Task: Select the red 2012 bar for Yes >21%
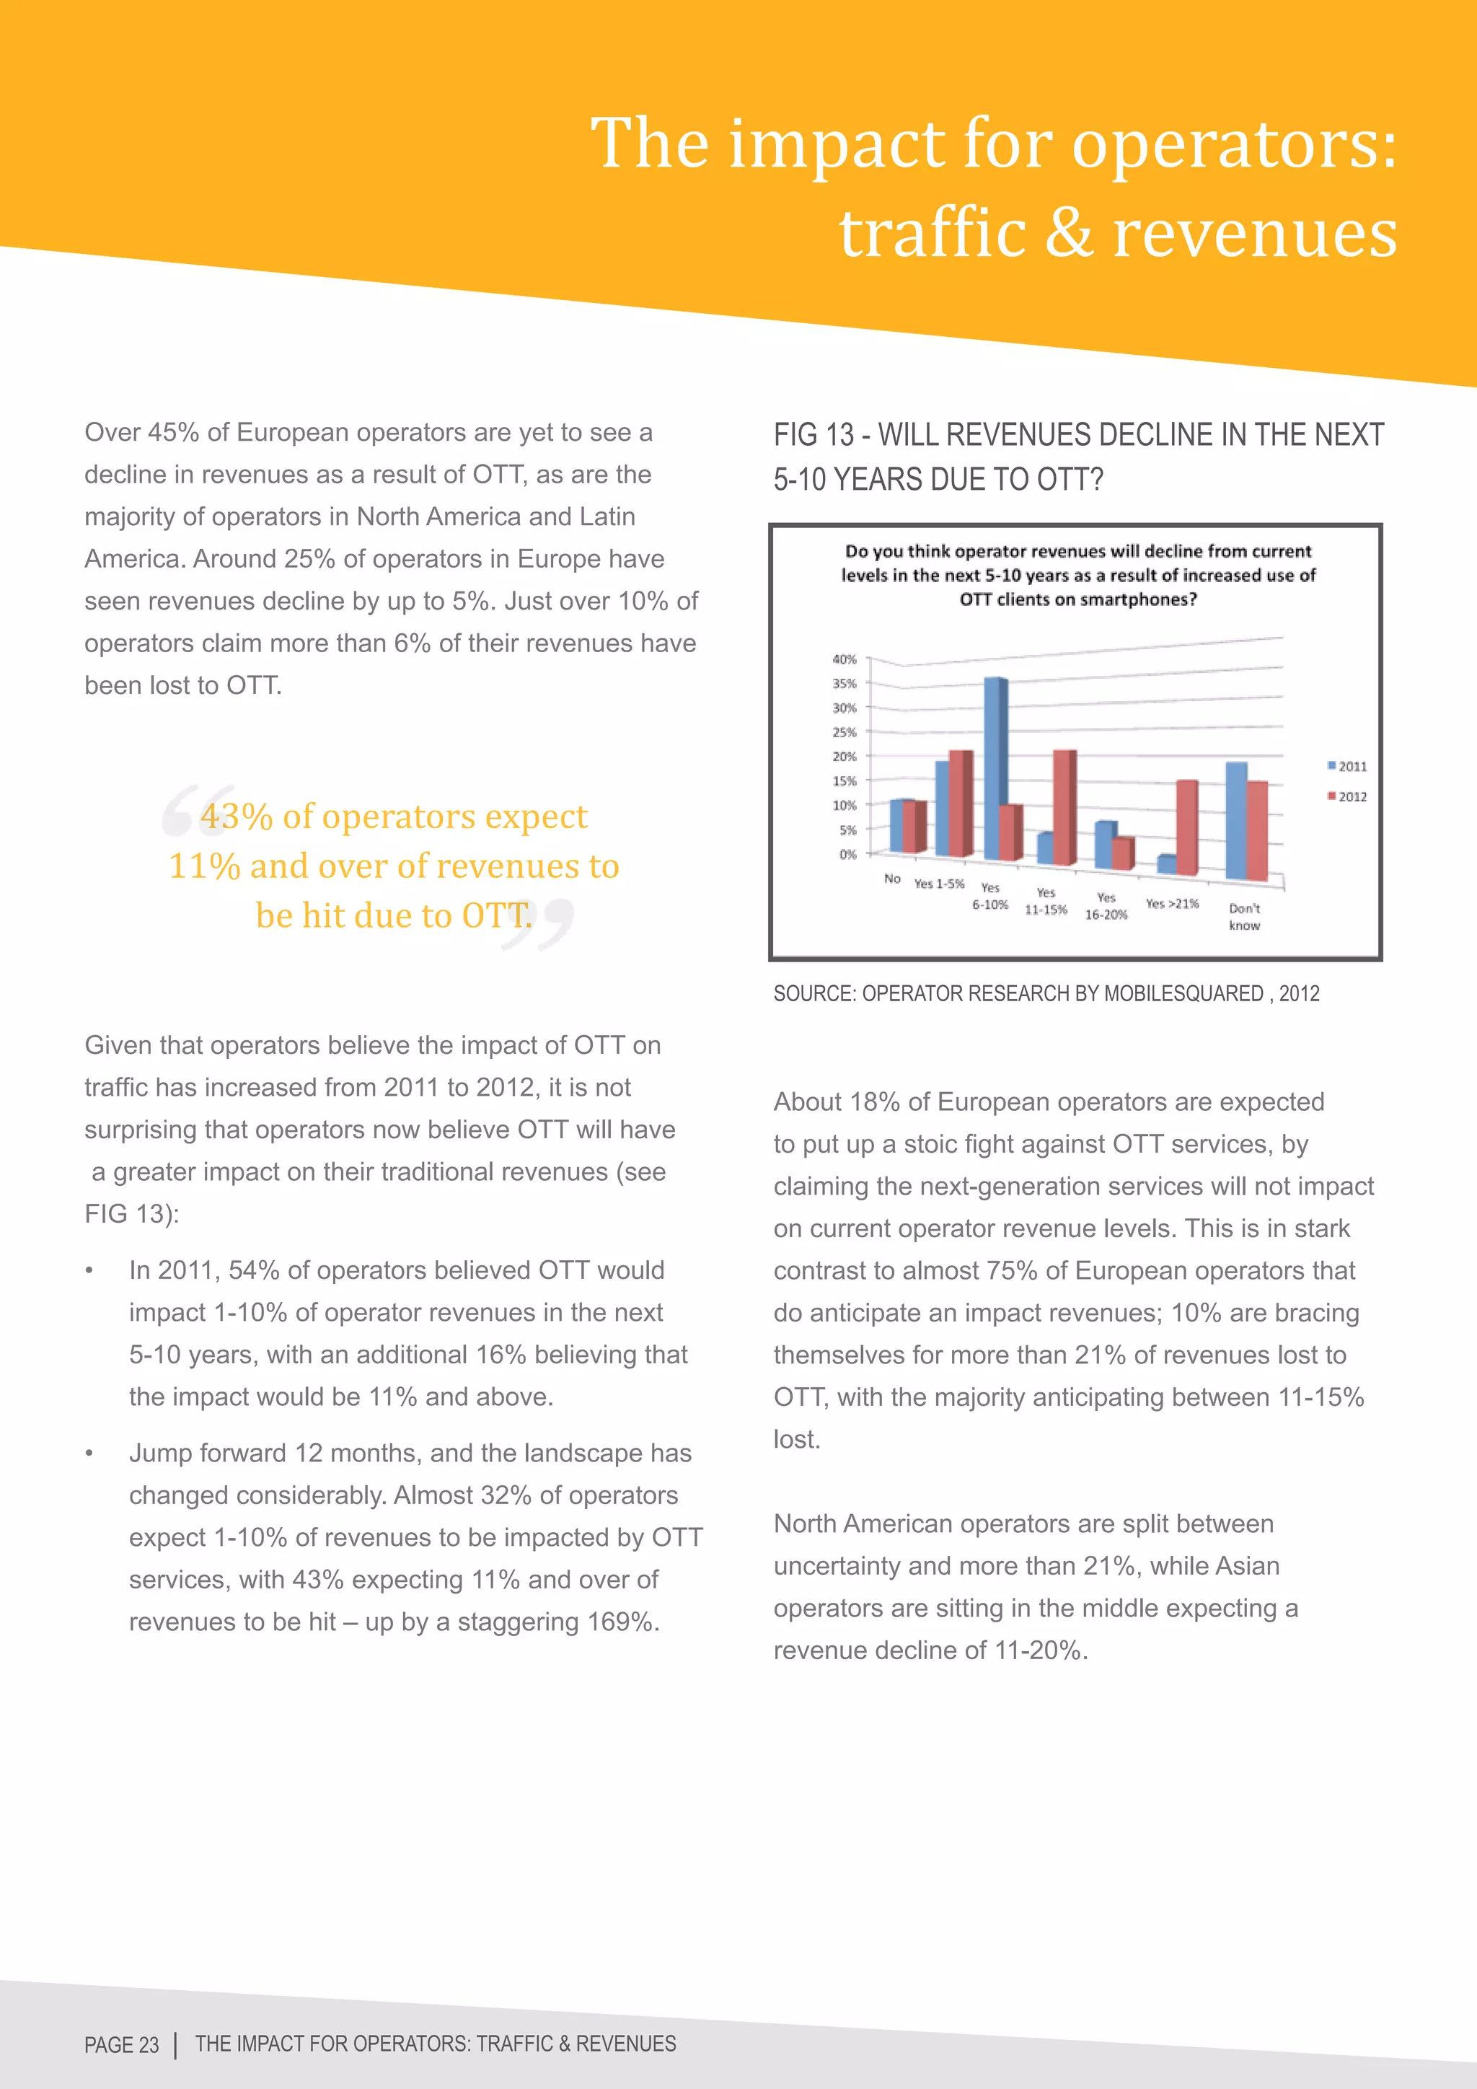(1186, 828)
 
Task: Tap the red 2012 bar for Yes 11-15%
(1064, 808)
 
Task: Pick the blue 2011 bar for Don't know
(1235, 821)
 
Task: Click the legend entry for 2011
(1347, 766)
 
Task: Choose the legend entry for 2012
(1347, 796)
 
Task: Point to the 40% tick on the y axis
(844, 659)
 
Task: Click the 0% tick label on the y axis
(847, 854)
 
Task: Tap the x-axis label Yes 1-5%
(938, 884)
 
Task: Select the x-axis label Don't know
(1244, 916)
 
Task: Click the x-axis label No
(892, 878)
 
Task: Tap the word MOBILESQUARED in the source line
(1182, 993)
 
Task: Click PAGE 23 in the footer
(121, 2044)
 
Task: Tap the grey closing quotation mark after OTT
(539, 923)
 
